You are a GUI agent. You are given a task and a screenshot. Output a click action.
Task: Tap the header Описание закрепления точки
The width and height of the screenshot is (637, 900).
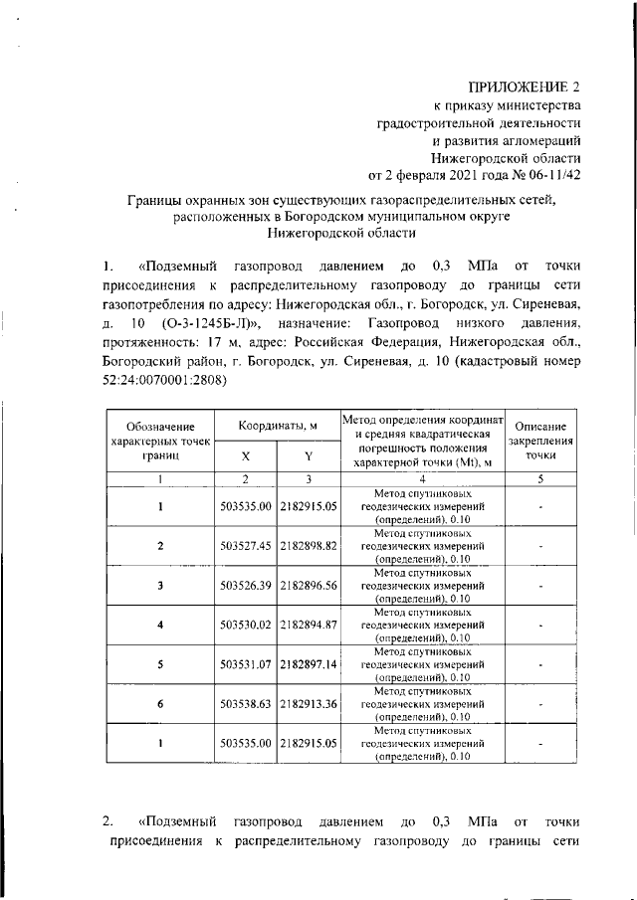pyautogui.click(x=539, y=441)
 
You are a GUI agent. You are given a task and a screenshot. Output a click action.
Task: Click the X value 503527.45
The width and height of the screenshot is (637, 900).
pyautogui.click(x=245, y=546)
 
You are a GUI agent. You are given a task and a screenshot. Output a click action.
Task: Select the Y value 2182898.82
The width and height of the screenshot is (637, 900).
pyautogui.click(x=310, y=546)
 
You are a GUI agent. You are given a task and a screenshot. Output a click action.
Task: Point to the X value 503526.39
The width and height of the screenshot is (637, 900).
pyautogui.click(x=245, y=586)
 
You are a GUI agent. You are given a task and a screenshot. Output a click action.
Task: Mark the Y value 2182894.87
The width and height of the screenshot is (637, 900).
pyautogui.click(x=310, y=625)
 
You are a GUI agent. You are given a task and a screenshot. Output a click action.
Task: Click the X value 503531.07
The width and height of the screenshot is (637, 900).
pyautogui.click(x=245, y=663)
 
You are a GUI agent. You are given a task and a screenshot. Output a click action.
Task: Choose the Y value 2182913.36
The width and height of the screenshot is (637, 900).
pyautogui.click(x=310, y=703)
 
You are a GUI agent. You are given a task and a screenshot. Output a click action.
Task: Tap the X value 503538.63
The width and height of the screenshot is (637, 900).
pyautogui.click(x=245, y=703)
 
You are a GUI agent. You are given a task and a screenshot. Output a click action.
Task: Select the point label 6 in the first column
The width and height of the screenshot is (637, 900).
pyautogui.click(x=159, y=703)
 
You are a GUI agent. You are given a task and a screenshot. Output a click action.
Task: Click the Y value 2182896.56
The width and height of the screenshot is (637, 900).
pyautogui.click(x=310, y=586)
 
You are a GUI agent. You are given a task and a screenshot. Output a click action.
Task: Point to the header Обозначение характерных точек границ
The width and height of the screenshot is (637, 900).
pyautogui.click(x=159, y=441)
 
